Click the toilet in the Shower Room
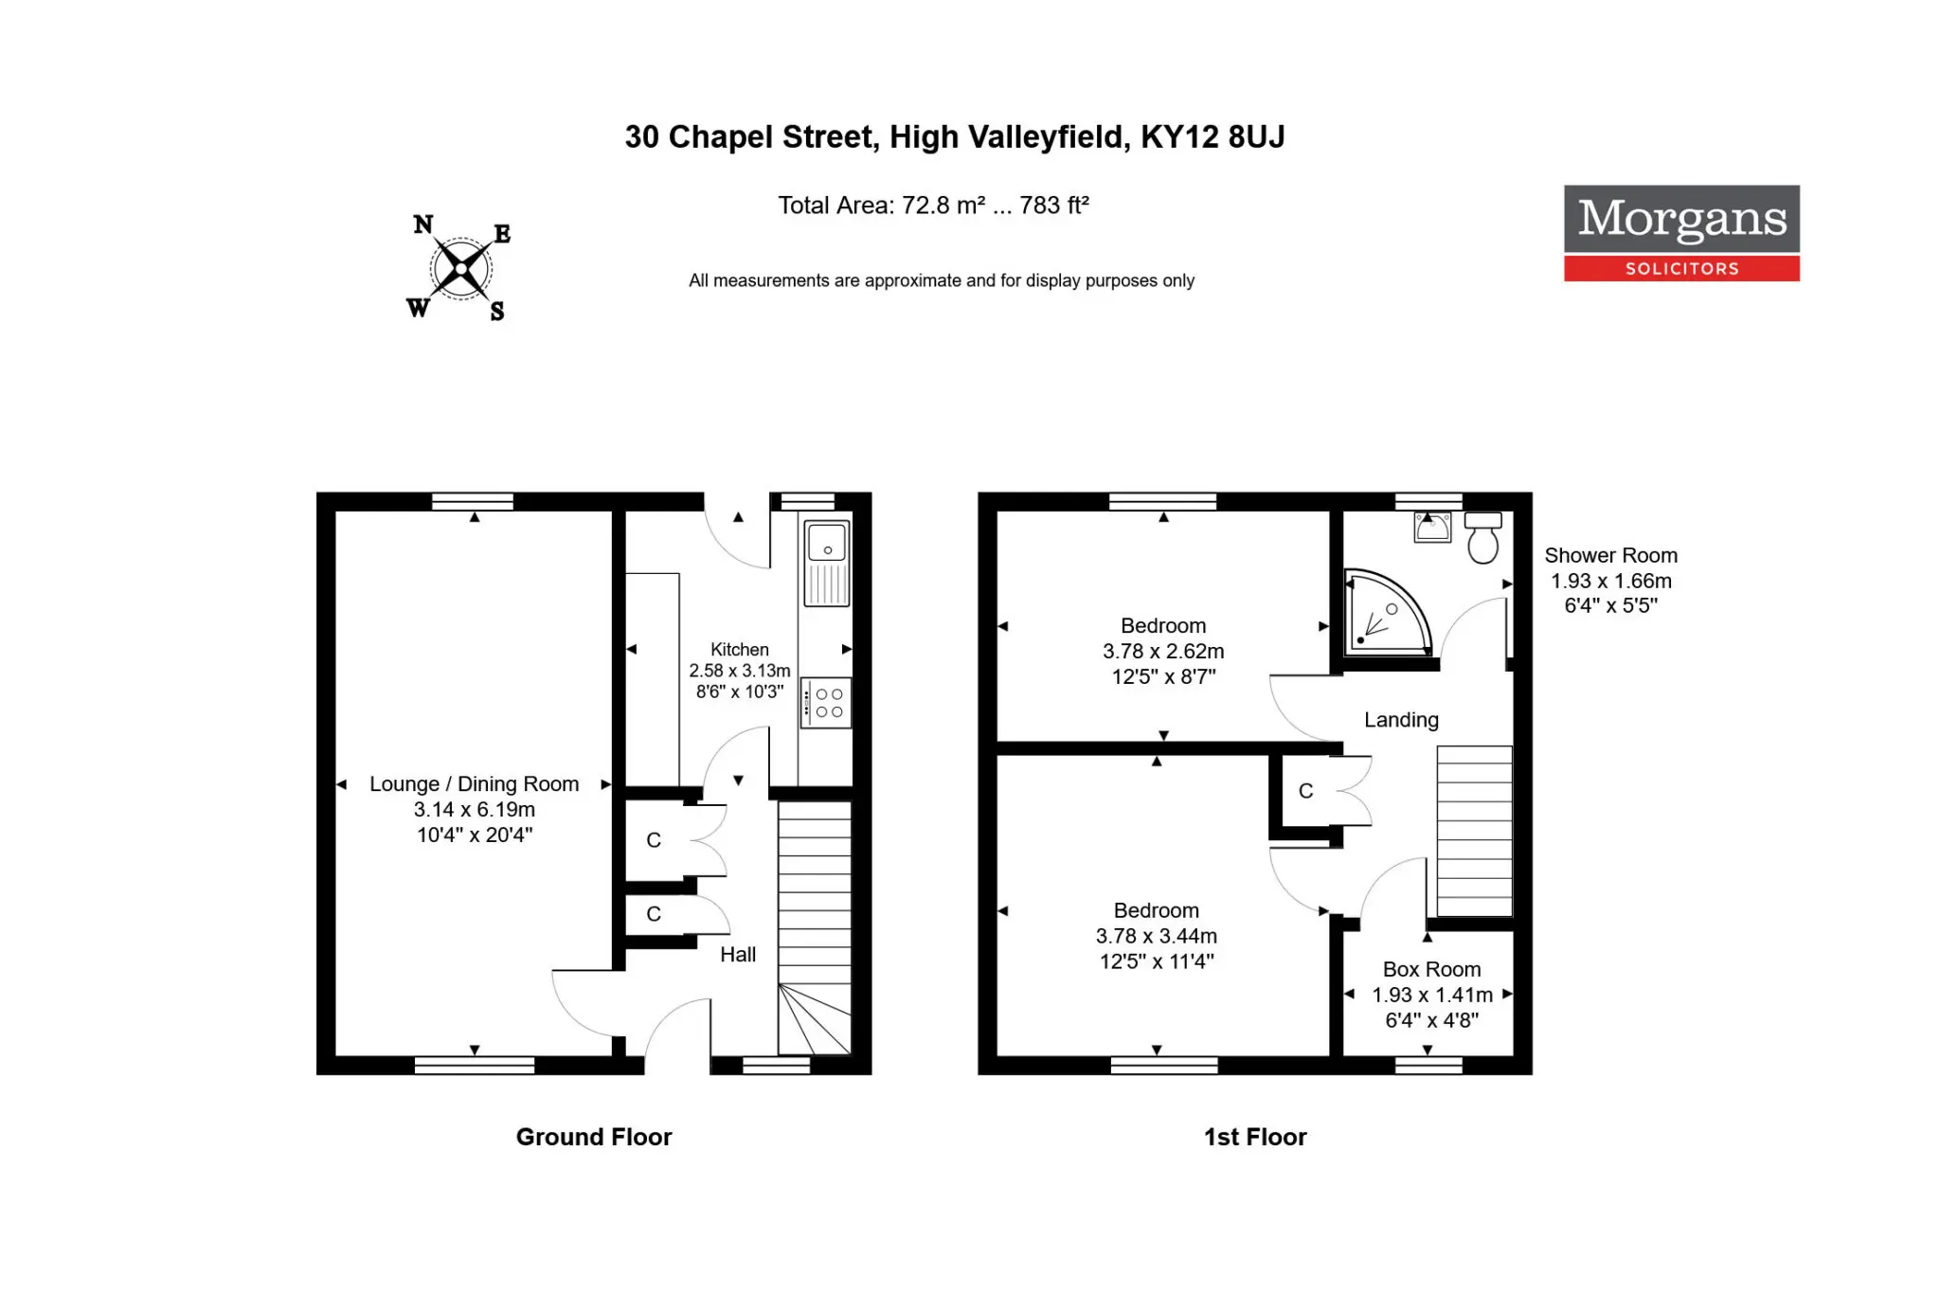coord(1482,537)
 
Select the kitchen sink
coord(827,563)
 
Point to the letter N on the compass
coord(423,224)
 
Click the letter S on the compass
coord(497,311)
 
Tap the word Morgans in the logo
coord(1682,219)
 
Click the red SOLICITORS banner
coord(1681,268)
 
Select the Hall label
coord(738,955)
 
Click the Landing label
coord(1401,720)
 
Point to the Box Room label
coord(1431,969)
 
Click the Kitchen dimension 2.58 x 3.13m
coord(739,671)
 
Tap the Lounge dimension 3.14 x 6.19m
coord(475,810)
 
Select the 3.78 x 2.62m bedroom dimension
coord(1163,652)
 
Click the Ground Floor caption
coord(594,1137)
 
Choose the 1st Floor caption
coord(1255,1137)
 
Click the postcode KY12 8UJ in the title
coord(1212,137)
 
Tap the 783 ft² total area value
coord(1054,206)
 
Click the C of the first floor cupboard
coord(1306,791)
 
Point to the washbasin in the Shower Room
coord(1432,527)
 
